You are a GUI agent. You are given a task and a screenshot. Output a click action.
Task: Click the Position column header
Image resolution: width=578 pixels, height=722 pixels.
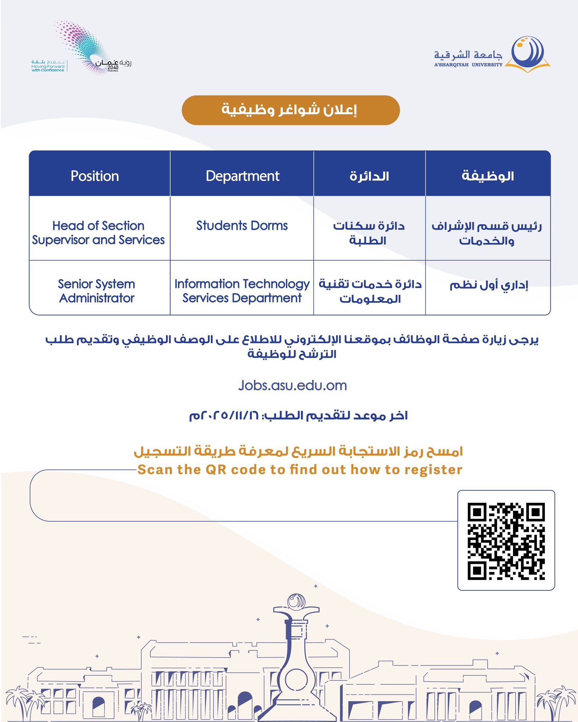pyautogui.click(x=95, y=176)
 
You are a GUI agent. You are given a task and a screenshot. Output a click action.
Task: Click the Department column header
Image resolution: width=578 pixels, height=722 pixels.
pyautogui.click(x=242, y=176)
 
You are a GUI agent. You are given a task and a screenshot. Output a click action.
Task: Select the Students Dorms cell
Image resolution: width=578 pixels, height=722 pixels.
pyautogui.click(x=242, y=226)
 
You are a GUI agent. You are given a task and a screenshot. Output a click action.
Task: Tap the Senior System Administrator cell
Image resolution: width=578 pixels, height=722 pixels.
pyautogui.click(x=97, y=291)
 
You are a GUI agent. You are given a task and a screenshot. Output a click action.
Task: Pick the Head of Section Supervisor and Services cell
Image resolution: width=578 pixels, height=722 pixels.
pyautogui.click(x=98, y=233)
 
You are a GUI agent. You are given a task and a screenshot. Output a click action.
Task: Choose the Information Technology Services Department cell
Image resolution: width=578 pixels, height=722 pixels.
pyautogui.click(x=242, y=291)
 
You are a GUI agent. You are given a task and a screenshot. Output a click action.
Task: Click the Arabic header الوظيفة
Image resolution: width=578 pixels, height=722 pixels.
pyautogui.click(x=488, y=176)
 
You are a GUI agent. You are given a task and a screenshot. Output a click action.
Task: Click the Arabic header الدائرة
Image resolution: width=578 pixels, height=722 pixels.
pyautogui.click(x=369, y=176)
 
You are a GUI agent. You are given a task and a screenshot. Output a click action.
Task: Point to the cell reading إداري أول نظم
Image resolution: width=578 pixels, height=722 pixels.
pyautogui.click(x=488, y=285)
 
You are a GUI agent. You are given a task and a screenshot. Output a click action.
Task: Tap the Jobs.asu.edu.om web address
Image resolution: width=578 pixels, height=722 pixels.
pyautogui.click(x=293, y=385)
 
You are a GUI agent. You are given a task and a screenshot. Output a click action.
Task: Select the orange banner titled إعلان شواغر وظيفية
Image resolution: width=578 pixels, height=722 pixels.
pyautogui.click(x=290, y=110)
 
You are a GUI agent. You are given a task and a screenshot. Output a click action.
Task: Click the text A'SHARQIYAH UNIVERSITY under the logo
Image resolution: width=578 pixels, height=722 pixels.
pyautogui.click(x=468, y=65)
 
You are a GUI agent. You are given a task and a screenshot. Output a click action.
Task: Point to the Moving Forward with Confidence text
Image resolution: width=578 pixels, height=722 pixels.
pyautogui.click(x=48, y=68)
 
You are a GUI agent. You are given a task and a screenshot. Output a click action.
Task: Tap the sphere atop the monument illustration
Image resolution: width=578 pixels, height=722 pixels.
pyautogui.click(x=296, y=601)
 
